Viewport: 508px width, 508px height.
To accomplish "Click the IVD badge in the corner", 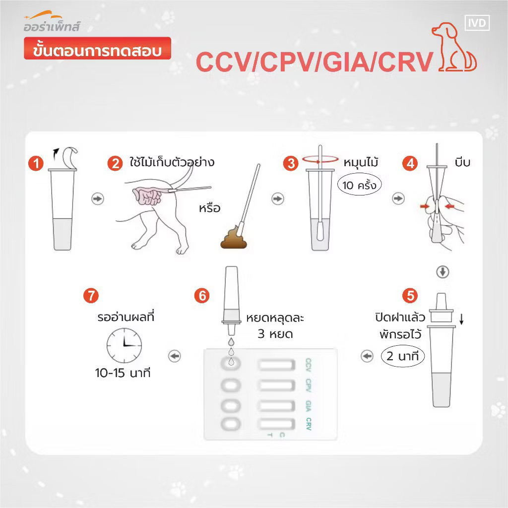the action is click(x=477, y=23).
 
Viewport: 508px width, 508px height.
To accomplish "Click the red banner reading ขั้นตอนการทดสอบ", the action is click(x=97, y=48).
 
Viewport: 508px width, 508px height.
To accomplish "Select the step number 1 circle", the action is click(x=36, y=163).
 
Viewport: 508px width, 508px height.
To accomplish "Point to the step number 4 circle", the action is click(x=410, y=163).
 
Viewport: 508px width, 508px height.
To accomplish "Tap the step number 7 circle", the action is click(x=91, y=296).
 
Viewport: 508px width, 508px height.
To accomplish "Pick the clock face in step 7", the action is click(x=124, y=346).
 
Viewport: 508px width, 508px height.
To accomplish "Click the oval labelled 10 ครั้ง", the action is click(x=359, y=185).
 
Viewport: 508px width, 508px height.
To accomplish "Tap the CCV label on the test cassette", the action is click(x=309, y=365).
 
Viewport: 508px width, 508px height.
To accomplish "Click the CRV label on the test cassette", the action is click(x=309, y=424).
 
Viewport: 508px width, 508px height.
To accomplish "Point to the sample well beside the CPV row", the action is click(x=231, y=385).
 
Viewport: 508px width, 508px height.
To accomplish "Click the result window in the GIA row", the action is click(x=276, y=406).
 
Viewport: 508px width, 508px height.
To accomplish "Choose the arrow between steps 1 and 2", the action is click(x=98, y=198).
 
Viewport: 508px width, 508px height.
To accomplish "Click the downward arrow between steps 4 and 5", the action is click(x=443, y=272).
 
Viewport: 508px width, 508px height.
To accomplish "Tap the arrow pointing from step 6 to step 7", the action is click(x=175, y=356).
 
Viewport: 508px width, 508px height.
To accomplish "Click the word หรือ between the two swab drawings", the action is click(x=210, y=208).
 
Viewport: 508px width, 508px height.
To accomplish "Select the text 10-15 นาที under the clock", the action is click(x=123, y=373).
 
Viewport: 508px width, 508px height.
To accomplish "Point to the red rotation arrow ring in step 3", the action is click(x=320, y=159).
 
